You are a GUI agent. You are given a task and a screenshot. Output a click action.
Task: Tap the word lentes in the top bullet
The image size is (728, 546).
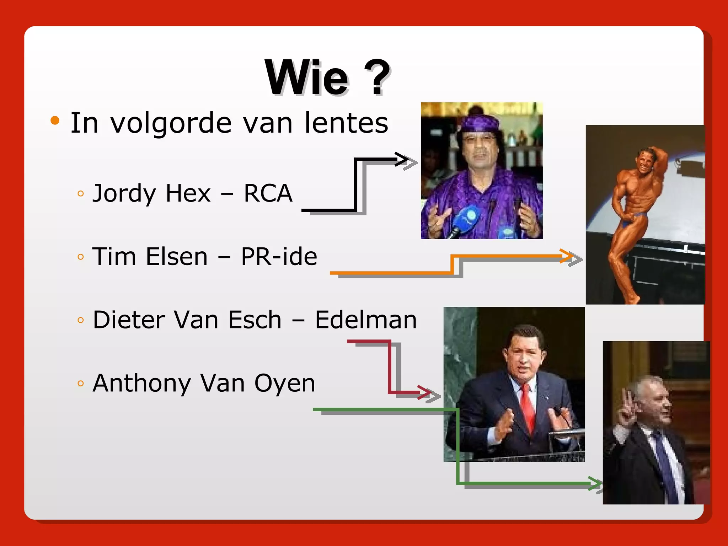tap(346, 123)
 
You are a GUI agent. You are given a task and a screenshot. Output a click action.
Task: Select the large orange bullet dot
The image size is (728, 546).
tap(55, 121)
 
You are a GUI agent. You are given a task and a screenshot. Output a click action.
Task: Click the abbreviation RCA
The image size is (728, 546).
tap(268, 194)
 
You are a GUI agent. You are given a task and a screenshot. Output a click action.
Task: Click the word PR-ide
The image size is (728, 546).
tap(279, 257)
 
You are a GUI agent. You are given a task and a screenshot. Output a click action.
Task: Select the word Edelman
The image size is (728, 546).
tap(366, 320)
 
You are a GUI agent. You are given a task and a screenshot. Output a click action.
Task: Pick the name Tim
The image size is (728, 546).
tap(114, 257)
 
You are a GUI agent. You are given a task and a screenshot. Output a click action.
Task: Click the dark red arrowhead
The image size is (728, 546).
tap(424, 392)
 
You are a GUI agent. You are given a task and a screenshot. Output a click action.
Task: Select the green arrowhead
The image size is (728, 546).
tap(594, 483)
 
